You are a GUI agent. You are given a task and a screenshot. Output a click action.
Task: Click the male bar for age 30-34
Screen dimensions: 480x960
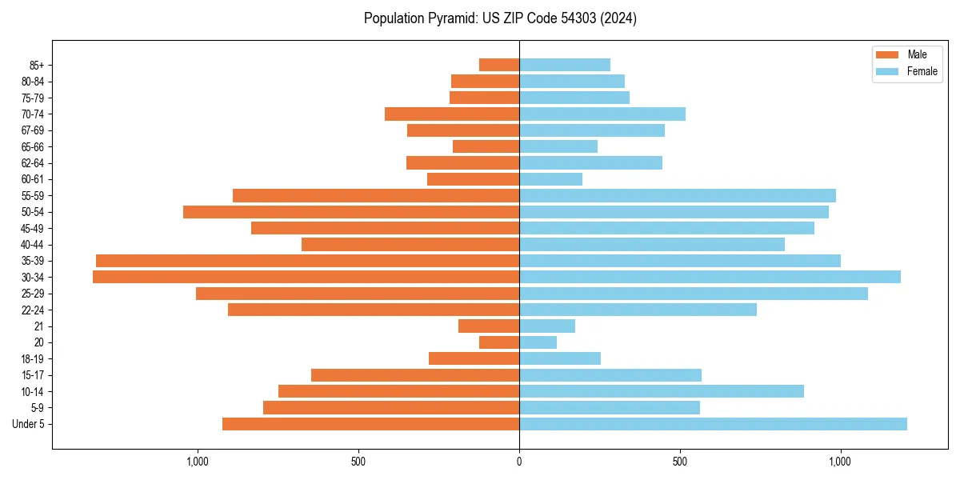306,277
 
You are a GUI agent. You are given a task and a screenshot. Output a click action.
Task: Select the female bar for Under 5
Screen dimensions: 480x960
713,424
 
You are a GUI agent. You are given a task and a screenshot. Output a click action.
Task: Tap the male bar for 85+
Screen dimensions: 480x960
499,65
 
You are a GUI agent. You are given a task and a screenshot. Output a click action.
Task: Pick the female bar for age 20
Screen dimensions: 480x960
538,342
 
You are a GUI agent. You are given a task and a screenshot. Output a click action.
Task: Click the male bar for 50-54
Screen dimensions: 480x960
351,212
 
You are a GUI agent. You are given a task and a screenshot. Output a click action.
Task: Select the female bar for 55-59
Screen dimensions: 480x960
678,195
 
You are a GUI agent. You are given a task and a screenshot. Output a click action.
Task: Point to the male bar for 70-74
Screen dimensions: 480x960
452,114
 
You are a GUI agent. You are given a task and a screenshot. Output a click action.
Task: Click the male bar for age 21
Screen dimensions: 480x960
489,326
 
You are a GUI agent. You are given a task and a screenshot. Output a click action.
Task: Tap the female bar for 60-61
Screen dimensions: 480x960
550,179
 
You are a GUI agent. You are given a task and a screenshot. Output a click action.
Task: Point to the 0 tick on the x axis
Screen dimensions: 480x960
519,462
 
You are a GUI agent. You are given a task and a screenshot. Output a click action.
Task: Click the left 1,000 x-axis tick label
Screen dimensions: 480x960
198,462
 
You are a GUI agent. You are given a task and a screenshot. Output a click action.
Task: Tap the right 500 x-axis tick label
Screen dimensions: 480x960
680,462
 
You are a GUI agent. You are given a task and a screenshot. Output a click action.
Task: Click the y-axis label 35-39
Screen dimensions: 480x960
33,261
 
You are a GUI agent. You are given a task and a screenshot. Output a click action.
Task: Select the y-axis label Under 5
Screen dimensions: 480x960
28,424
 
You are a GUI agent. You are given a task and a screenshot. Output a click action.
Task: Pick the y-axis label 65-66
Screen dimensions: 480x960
33,146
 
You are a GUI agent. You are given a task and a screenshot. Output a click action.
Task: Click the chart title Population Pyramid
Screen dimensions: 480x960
500,18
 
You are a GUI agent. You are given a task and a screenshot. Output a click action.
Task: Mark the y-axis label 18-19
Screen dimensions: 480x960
33,358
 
